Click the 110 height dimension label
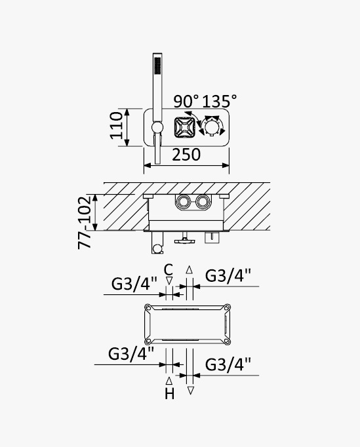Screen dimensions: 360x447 click(x=116, y=126)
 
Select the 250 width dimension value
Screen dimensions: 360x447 click(x=186, y=155)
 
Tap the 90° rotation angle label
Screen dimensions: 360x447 click(x=186, y=101)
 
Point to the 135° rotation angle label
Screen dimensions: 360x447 click(x=220, y=101)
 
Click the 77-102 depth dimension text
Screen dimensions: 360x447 click(x=85, y=222)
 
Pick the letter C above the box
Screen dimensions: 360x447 click(x=169, y=269)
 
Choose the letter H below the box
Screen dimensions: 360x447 click(x=169, y=394)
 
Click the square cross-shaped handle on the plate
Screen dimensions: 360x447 click(x=184, y=127)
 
